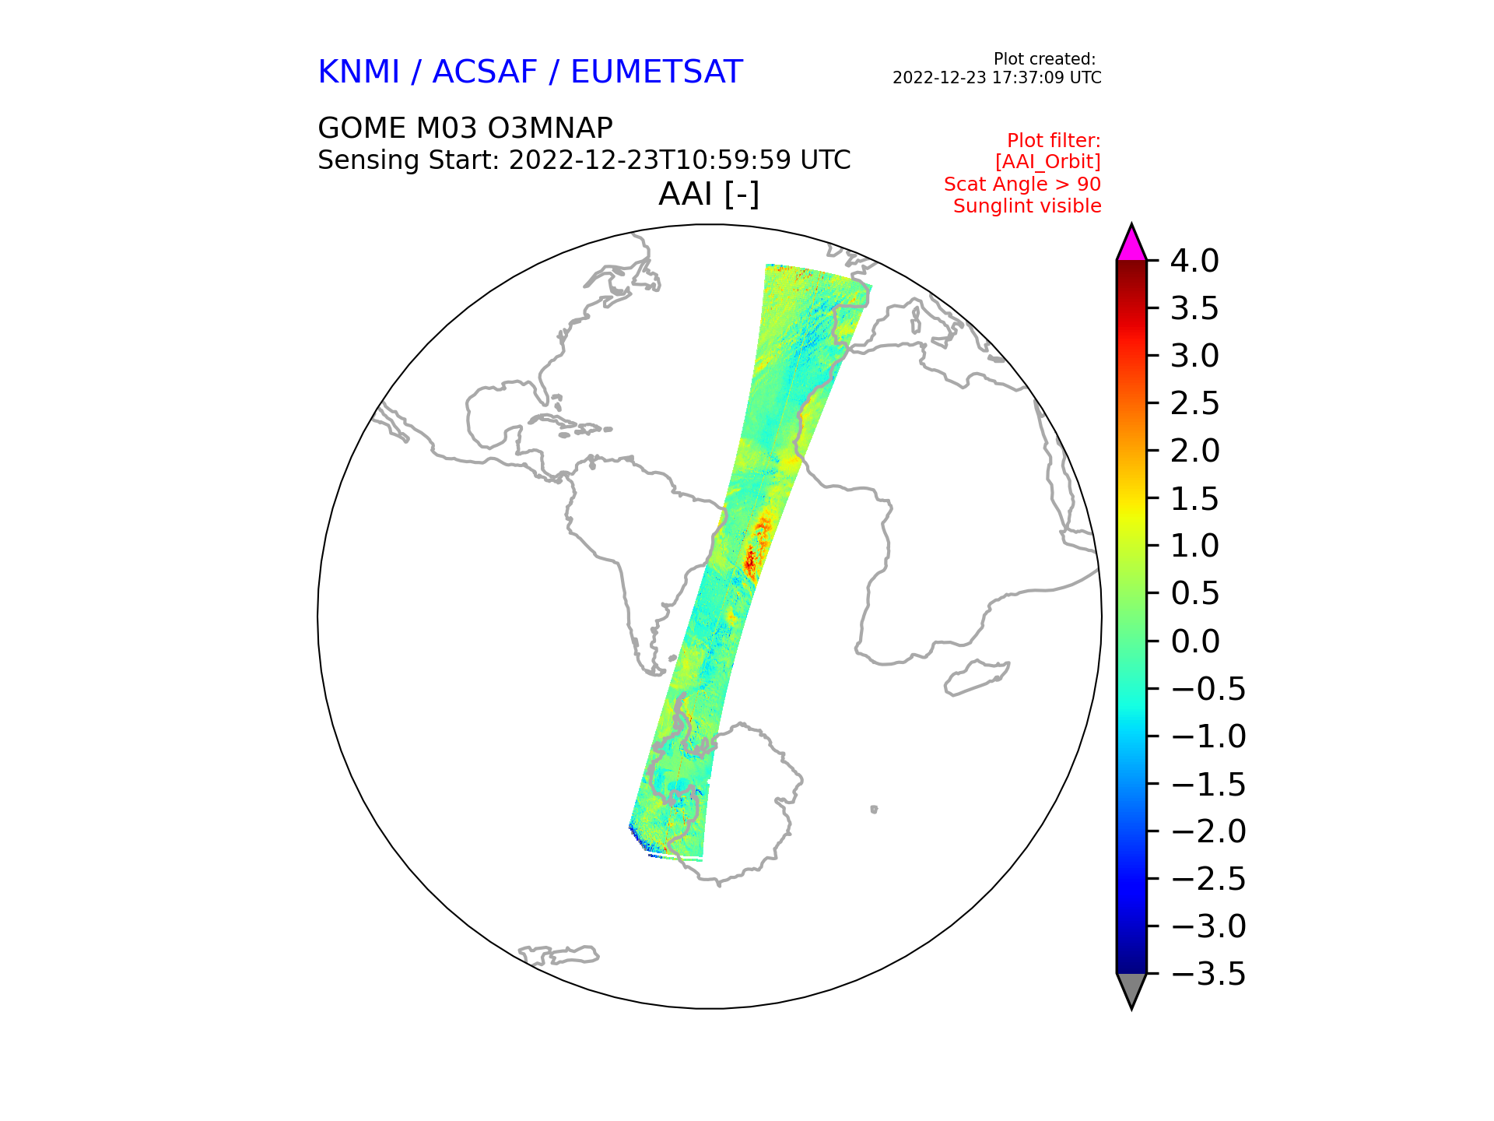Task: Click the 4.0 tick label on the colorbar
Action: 1194,261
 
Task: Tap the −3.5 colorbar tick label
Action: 1208,974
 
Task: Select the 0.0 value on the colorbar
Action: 1194,641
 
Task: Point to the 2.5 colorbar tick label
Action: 1194,403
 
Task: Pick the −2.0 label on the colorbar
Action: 1208,831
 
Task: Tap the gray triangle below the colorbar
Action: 1131,989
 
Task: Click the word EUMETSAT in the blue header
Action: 657,72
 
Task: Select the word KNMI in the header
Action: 359,72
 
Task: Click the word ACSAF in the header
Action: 485,72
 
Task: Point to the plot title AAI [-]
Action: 709,194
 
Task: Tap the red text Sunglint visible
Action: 1027,206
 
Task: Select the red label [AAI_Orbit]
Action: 1048,162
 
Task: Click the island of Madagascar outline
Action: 977,677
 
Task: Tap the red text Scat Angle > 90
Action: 1022,184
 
